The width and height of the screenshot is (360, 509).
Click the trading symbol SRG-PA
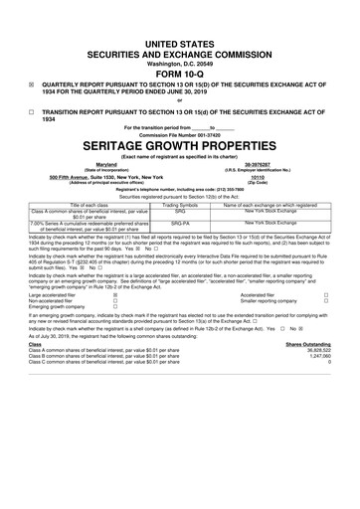pos(180,224)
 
